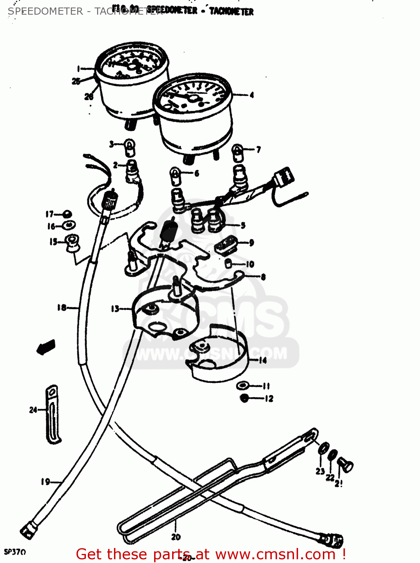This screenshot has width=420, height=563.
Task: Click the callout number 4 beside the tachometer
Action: click(x=252, y=95)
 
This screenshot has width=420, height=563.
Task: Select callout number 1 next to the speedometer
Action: click(x=78, y=68)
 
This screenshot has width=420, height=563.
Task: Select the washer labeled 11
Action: click(x=243, y=385)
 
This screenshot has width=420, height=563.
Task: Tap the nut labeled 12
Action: click(x=244, y=398)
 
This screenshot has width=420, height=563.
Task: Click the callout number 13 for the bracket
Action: click(x=115, y=309)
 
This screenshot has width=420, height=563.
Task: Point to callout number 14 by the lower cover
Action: click(x=262, y=360)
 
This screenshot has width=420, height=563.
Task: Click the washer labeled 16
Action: click(x=69, y=225)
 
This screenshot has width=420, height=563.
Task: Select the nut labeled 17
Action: click(x=67, y=214)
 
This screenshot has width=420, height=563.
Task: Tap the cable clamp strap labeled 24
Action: click(x=52, y=413)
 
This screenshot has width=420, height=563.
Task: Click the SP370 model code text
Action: click(x=15, y=552)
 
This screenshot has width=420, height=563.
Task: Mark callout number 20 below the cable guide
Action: click(x=176, y=537)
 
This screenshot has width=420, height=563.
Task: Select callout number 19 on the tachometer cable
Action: click(x=45, y=482)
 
